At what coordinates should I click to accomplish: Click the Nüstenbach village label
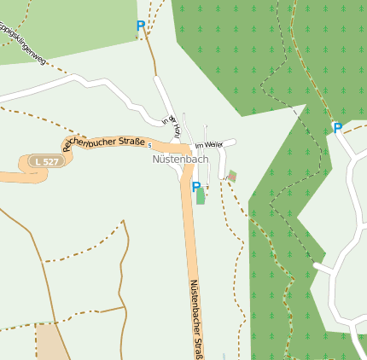(180, 159)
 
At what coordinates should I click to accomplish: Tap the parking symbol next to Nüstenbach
(195, 187)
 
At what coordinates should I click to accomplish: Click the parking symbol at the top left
(141, 26)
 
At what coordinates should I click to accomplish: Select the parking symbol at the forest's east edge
(337, 128)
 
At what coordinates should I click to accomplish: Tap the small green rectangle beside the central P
(201, 196)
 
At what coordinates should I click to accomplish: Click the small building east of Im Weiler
(232, 176)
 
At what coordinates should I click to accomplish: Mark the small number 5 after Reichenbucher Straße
(149, 144)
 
